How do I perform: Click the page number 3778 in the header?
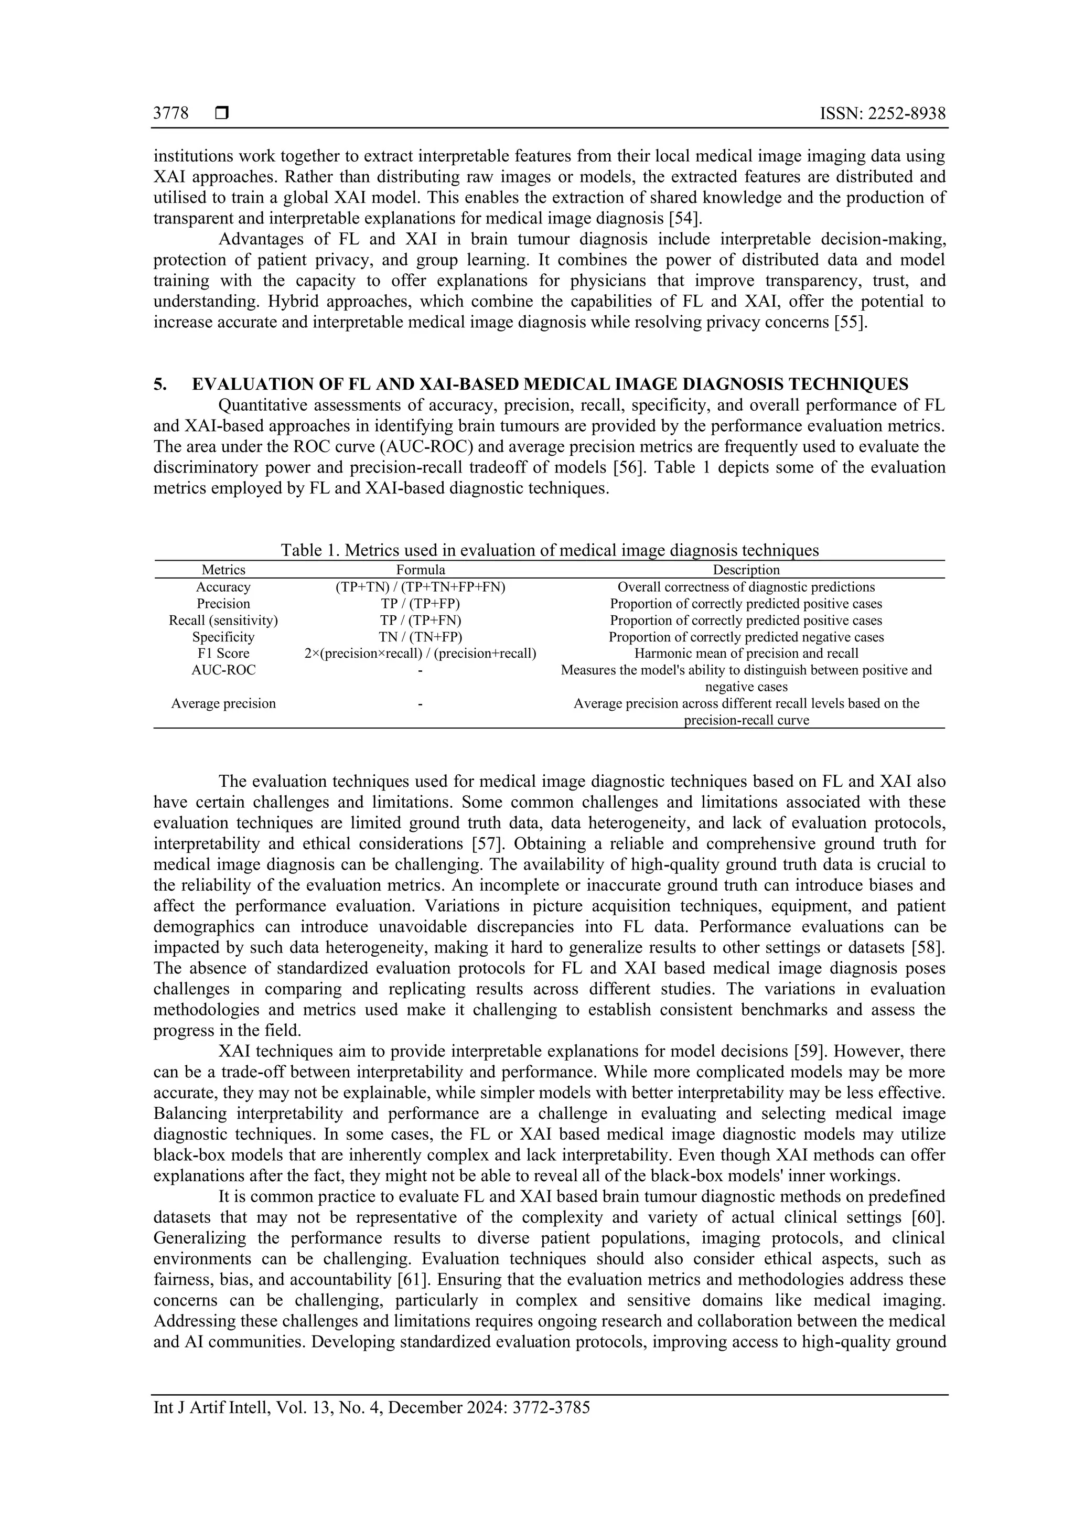(x=170, y=114)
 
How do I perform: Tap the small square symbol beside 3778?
(x=222, y=114)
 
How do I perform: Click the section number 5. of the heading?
(x=160, y=384)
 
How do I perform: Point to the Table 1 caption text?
(x=550, y=550)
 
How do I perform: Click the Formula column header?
(x=421, y=570)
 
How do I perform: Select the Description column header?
(x=746, y=570)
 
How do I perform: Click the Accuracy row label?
(x=223, y=587)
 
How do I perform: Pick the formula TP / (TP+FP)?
(x=421, y=603)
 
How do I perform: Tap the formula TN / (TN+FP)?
(x=421, y=636)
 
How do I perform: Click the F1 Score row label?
(x=223, y=653)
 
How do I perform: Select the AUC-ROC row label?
(x=223, y=669)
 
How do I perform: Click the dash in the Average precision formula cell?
(x=421, y=703)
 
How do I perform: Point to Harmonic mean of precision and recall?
(x=746, y=653)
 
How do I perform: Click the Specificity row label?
(x=223, y=636)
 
